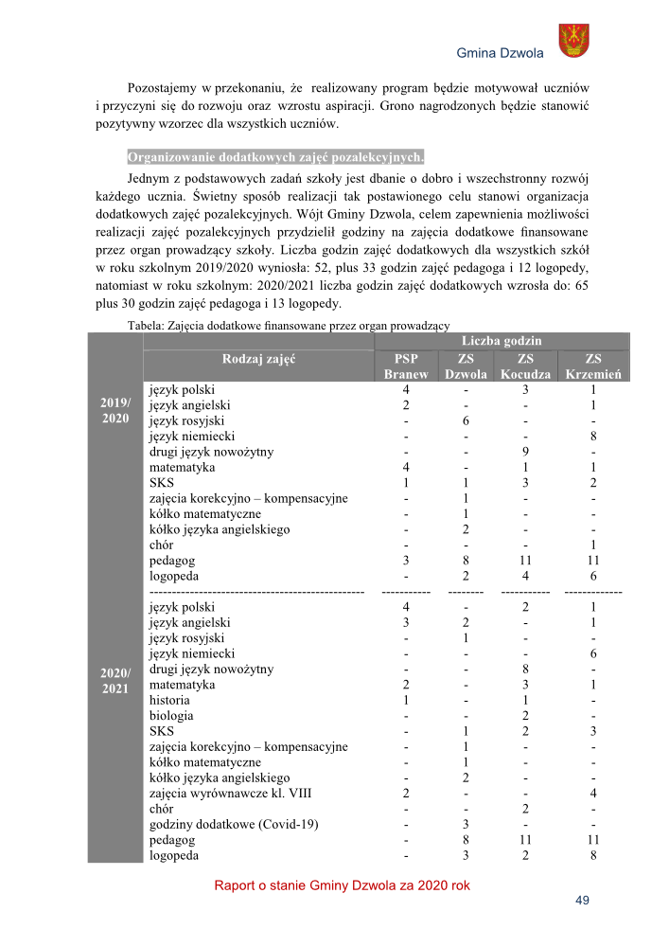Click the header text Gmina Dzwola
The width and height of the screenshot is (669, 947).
coord(500,53)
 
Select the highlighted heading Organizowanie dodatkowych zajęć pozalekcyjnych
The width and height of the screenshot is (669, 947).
coord(276,156)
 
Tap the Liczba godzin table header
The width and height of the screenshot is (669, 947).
coord(502,341)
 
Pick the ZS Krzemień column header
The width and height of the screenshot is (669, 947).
coord(592,366)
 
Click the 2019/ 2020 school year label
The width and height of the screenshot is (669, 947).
coord(114,413)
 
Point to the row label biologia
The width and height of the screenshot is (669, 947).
coord(171,716)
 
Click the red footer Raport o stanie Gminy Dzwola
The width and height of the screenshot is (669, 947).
coord(342,886)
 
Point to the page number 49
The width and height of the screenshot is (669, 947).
coord(582,901)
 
